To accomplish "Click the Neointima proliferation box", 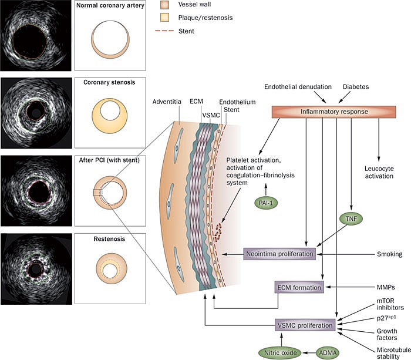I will (x=280, y=254).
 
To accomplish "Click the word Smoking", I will (x=389, y=254).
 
